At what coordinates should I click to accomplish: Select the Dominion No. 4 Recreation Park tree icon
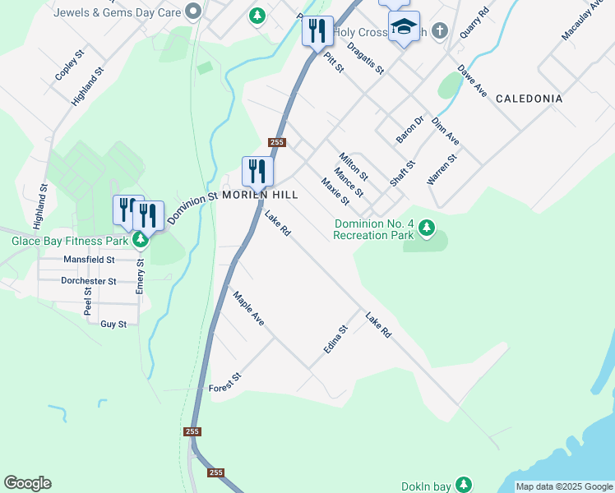pyautogui.click(x=426, y=227)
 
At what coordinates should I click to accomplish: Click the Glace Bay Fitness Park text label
pyautogui.click(x=70, y=242)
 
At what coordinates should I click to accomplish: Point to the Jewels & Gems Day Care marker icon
pyautogui.click(x=194, y=12)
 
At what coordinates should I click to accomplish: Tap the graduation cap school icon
pyautogui.click(x=404, y=27)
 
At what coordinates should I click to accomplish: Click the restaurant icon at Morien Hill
pyautogui.click(x=257, y=171)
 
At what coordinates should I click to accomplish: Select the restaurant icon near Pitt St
pyautogui.click(x=317, y=31)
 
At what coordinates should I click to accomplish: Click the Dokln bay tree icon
pyautogui.click(x=465, y=484)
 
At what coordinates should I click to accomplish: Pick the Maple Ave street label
pyautogui.click(x=248, y=309)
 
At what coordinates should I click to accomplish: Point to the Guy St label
pyautogui.click(x=113, y=325)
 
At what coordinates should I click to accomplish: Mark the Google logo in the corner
pyautogui.click(x=27, y=483)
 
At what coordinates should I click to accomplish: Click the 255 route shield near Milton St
pyautogui.click(x=276, y=142)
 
